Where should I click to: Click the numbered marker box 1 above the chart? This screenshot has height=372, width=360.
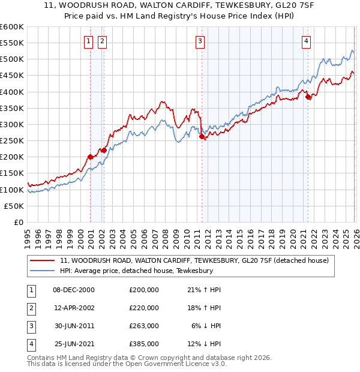pyautogui.click(x=89, y=41)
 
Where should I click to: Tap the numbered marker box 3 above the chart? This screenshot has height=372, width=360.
pyautogui.click(x=200, y=41)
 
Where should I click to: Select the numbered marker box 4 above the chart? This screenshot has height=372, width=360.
pyautogui.click(x=306, y=41)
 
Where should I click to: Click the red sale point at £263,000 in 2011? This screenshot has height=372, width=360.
pyautogui.click(x=202, y=137)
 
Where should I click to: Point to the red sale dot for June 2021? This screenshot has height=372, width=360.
pyautogui.click(x=308, y=97)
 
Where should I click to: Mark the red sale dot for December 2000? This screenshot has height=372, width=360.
pyautogui.click(x=90, y=157)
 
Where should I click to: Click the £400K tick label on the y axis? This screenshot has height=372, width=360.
pyautogui.click(x=12, y=92)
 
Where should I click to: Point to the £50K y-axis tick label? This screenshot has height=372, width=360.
pyautogui.click(x=14, y=206)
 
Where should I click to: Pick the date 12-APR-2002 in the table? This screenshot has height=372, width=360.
pyautogui.click(x=74, y=308)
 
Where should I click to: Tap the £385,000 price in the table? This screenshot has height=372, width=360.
pyautogui.click(x=144, y=344)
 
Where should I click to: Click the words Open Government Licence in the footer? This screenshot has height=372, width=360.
pyautogui.click(x=178, y=364)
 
